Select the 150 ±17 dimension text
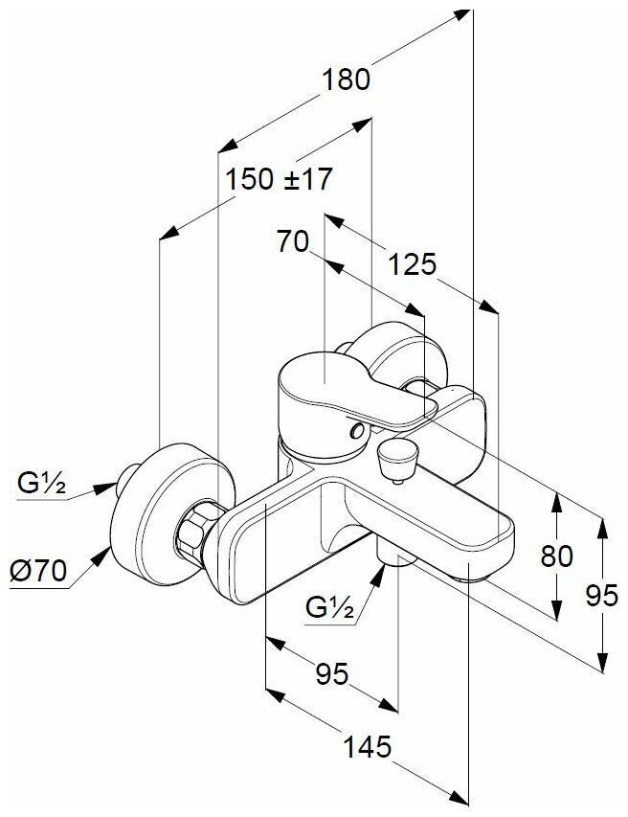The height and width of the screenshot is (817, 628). point(278,179)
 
